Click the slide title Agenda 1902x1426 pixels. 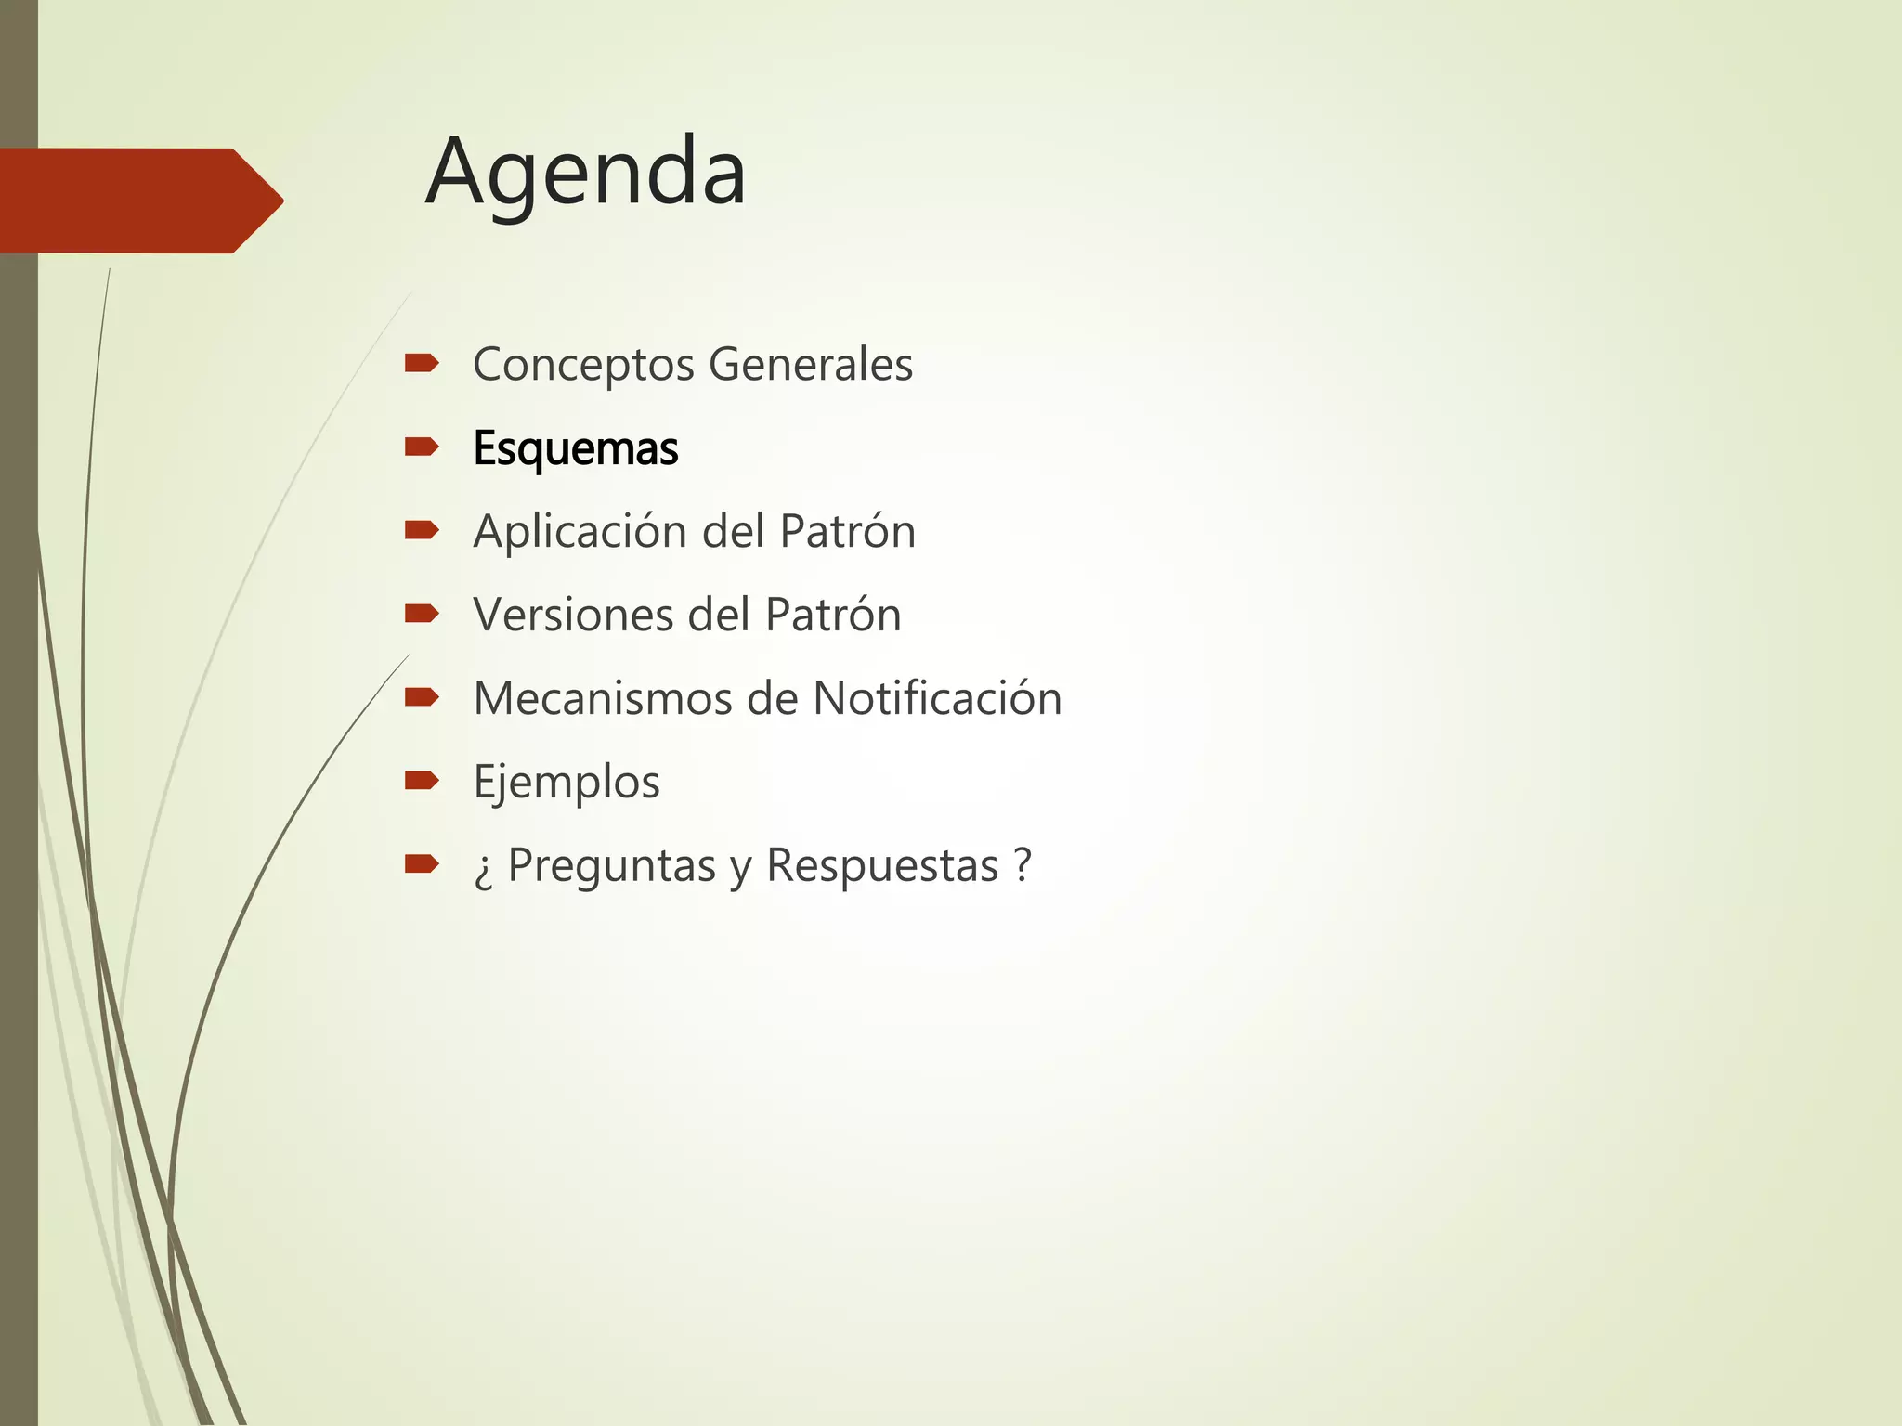tap(586, 174)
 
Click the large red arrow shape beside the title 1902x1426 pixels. tap(139, 201)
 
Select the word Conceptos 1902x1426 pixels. tap(583, 365)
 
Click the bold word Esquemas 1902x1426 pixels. tap(576, 448)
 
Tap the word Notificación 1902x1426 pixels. tap(937, 698)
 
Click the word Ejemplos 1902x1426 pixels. tap(567, 783)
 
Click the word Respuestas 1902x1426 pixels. tap(881, 866)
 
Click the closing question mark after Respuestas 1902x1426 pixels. tap(1023, 864)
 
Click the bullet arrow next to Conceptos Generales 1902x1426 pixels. tap(422, 363)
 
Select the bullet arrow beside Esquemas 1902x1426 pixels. tap(422, 447)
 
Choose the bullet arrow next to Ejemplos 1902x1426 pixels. tap(422, 781)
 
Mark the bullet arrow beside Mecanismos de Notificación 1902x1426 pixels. tap(422, 697)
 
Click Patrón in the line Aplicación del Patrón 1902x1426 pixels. tap(847, 531)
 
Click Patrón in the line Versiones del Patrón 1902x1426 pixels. tap(832, 615)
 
